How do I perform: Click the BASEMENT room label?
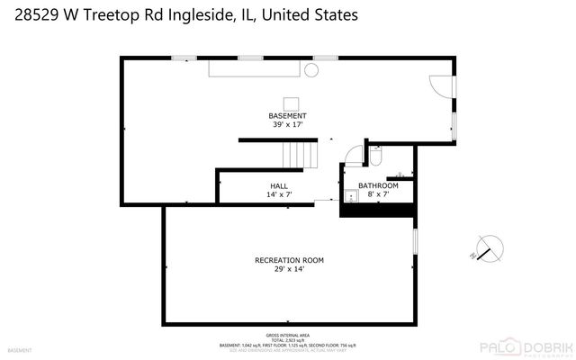click(287, 116)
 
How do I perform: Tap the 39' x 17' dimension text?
click(287, 125)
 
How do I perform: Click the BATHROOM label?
click(378, 185)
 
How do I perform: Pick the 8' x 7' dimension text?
click(378, 194)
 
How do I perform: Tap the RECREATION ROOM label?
click(289, 260)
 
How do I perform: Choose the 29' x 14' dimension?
click(289, 269)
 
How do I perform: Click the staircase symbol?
click(301, 155)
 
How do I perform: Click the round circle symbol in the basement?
click(312, 69)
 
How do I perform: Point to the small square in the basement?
click(292, 103)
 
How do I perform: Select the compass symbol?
click(489, 247)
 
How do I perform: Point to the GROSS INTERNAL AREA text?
click(288, 333)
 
